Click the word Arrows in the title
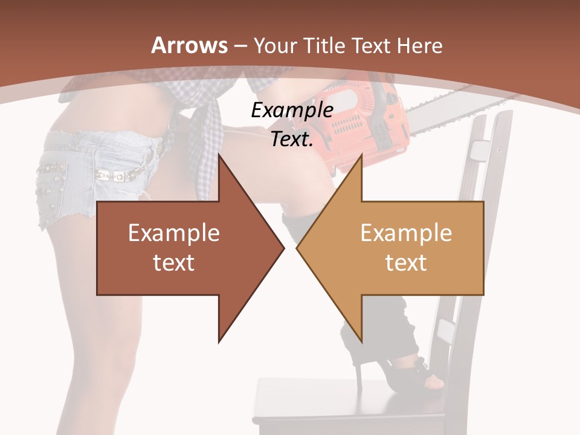[189, 45]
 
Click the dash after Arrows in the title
[240, 46]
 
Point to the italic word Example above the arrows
[292, 111]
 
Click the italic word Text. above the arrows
[292, 140]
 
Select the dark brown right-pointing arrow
[181, 248]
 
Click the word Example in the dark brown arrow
[174, 233]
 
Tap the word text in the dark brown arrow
[174, 263]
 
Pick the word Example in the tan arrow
[406, 233]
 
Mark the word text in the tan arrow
[406, 263]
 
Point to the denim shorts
[91, 175]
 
